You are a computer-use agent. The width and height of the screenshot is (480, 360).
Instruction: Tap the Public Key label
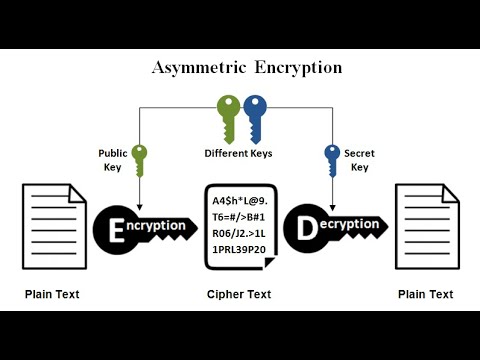point(112,160)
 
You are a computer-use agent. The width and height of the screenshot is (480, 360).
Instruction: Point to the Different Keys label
point(239,154)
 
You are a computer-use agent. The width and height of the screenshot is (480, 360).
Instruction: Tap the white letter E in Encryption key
point(114,228)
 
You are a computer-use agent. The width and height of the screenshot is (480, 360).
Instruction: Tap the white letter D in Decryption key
point(306,228)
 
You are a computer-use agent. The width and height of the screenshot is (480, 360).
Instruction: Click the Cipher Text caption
point(240,294)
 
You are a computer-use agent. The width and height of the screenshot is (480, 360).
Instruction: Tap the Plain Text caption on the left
point(52,294)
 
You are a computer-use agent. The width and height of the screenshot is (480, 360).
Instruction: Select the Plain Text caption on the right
point(425,294)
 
